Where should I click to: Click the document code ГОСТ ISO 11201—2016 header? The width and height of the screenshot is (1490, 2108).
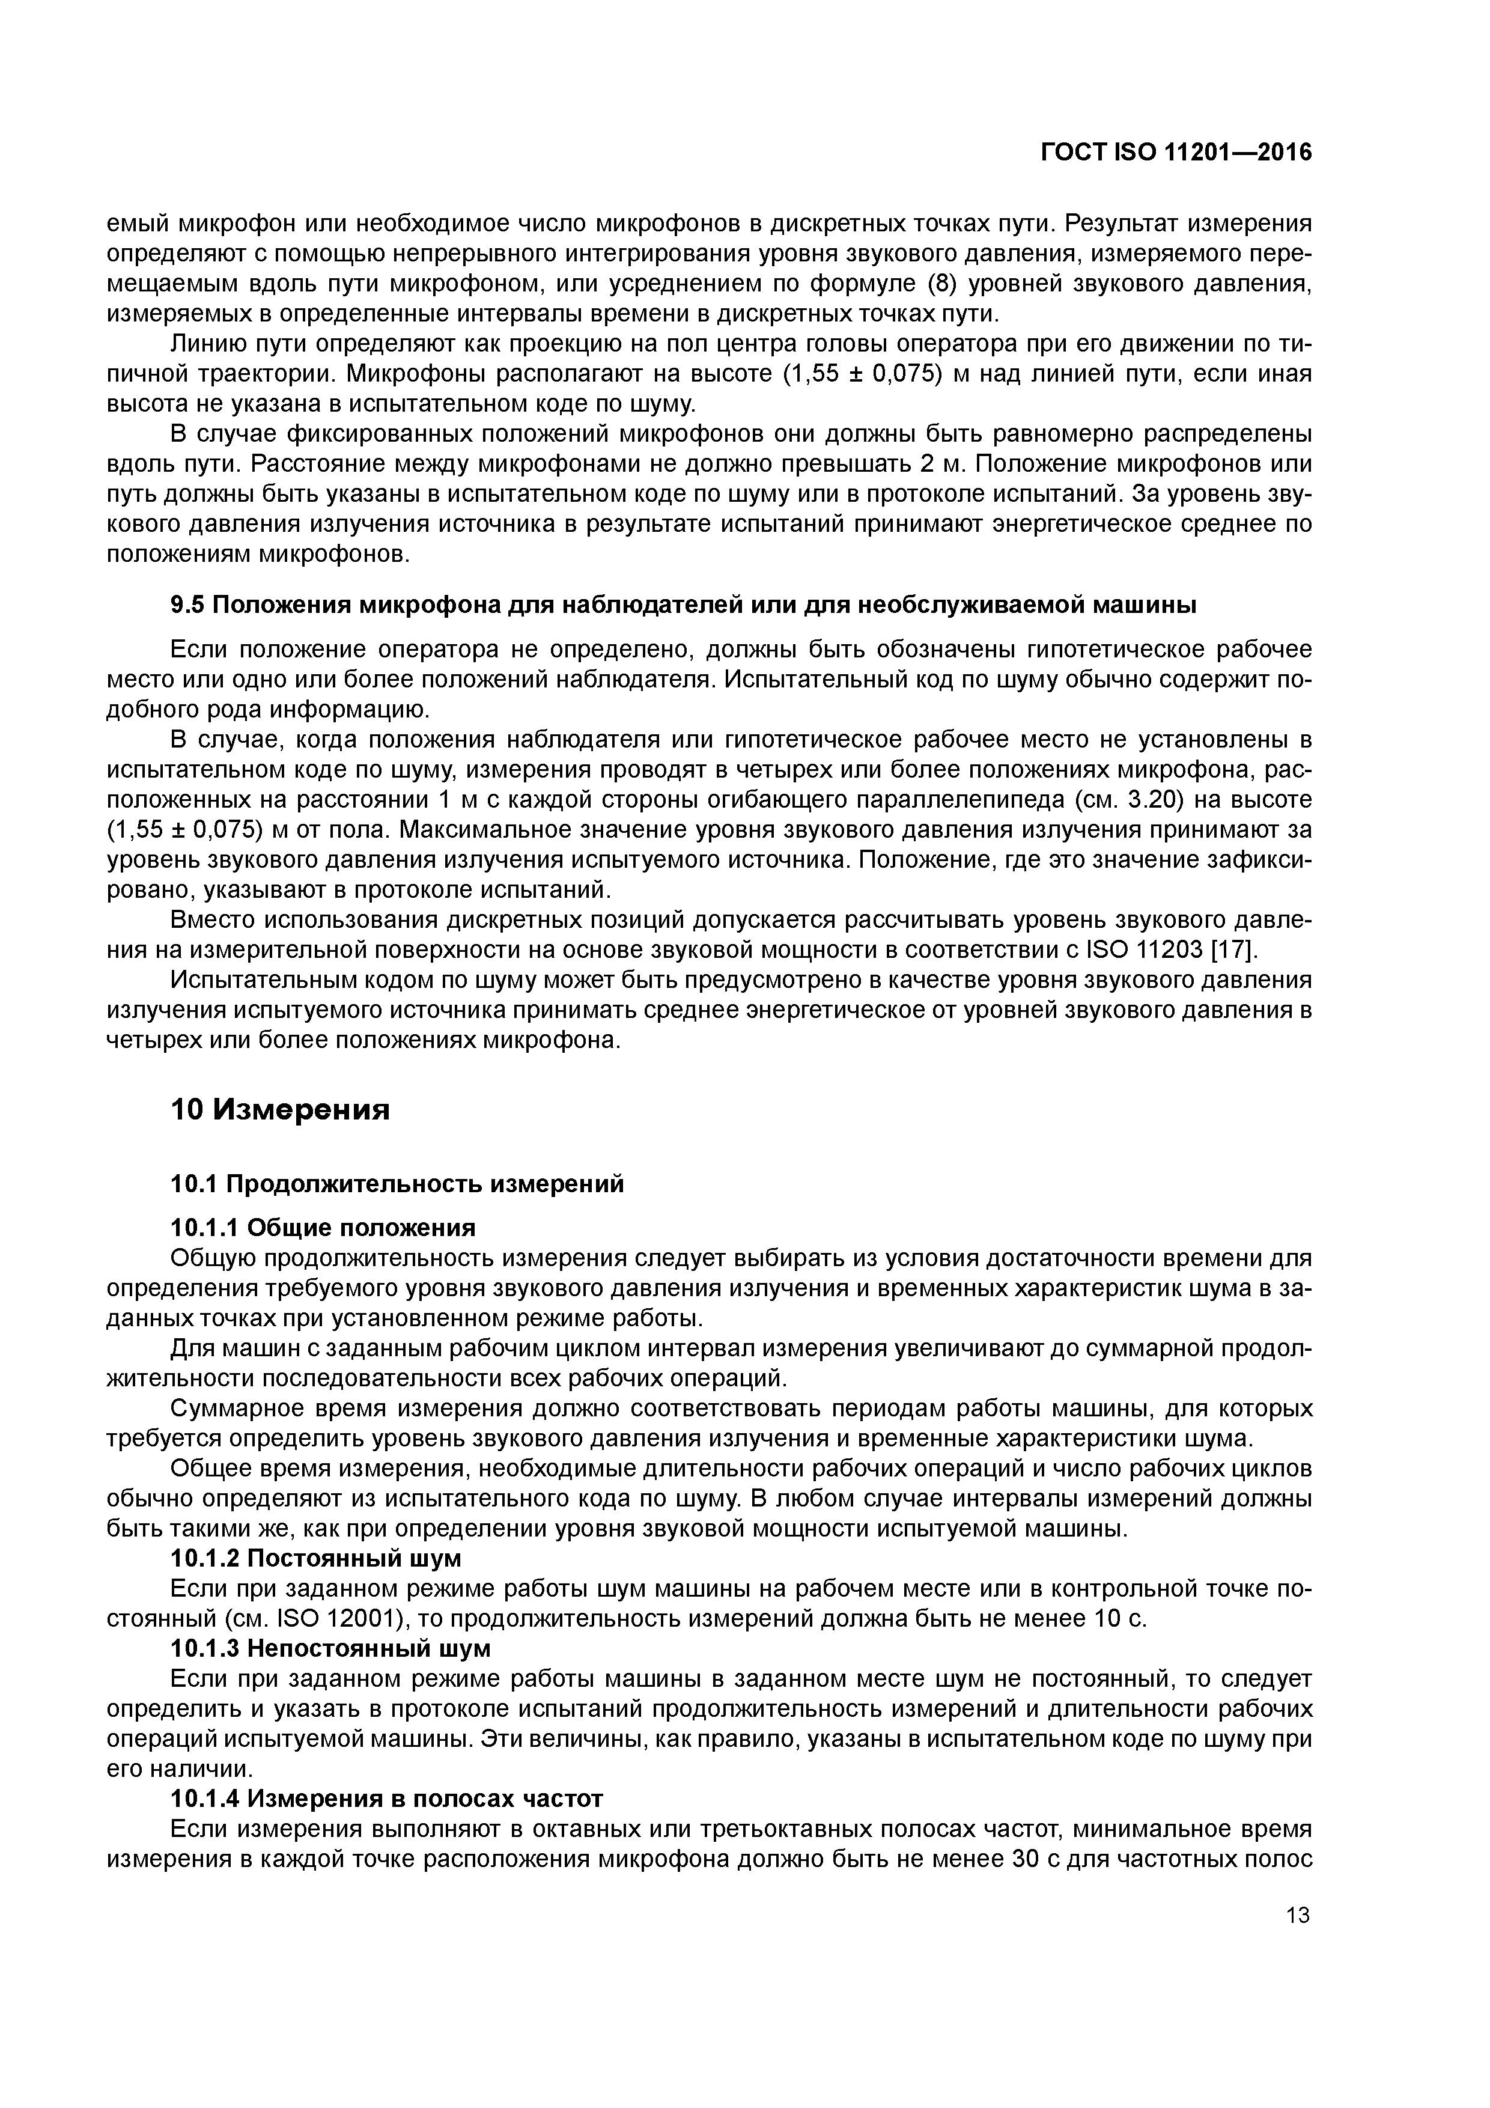[x=1176, y=153]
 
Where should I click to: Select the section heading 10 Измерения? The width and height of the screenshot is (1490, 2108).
[x=280, y=1110]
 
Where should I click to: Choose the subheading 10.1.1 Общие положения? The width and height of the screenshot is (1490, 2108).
[x=323, y=1228]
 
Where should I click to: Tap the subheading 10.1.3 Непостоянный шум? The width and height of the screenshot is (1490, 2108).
[x=330, y=1648]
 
